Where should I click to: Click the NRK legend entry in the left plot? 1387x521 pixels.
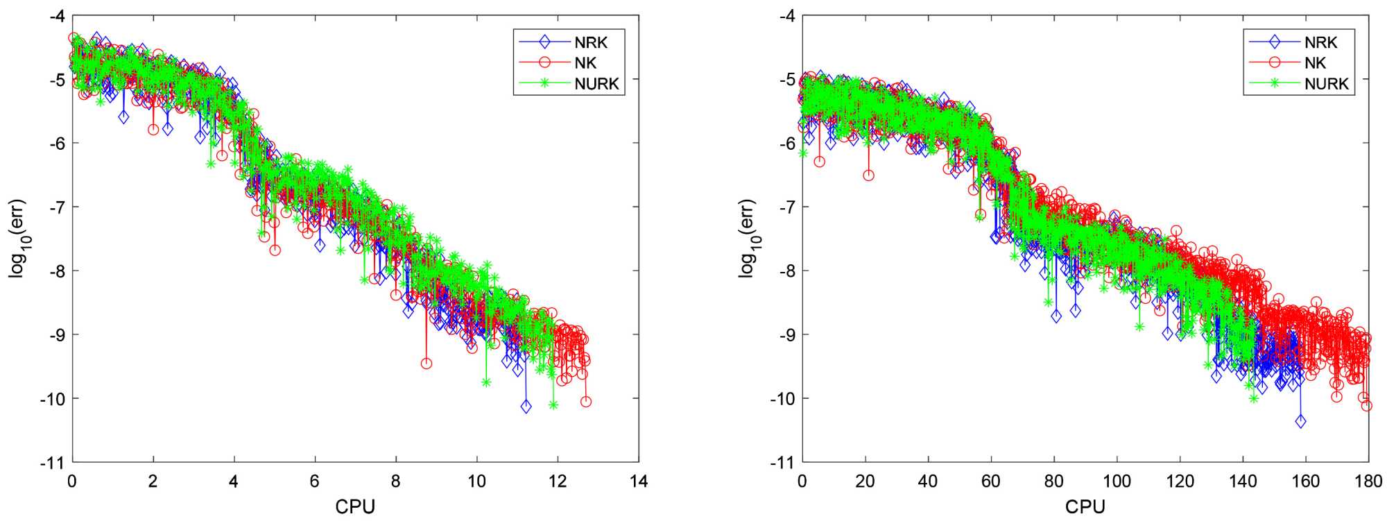pyautogui.click(x=590, y=42)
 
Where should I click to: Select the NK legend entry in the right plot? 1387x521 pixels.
pyautogui.click(x=1315, y=63)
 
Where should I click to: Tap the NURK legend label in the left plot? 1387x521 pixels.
pyautogui.click(x=596, y=84)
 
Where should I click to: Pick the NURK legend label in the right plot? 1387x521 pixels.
pyautogui.click(x=1326, y=84)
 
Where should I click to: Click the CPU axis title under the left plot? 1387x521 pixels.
pyautogui.click(x=355, y=507)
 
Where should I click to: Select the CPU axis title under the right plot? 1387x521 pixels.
pyautogui.click(x=1085, y=507)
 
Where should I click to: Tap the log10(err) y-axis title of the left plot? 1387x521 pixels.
pyautogui.click(x=18, y=239)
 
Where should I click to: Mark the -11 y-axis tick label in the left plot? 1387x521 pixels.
pyautogui.click(x=55, y=462)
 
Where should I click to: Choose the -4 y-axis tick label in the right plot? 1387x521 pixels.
pyautogui.click(x=786, y=15)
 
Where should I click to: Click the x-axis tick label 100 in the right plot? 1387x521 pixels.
pyautogui.click(x=1117, y=481)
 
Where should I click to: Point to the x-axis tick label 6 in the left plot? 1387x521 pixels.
pyautogui.click(x=315, y=481)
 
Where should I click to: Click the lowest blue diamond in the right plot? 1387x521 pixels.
pyautogui.click(x=1300, y=421)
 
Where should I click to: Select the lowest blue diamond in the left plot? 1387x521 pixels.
pyautogui.click(x=526, y=407)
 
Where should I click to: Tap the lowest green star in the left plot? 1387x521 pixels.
pyautogui.click(x=553, y=404)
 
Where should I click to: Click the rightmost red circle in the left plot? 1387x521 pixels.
pyautogui.click(x=586, y=402)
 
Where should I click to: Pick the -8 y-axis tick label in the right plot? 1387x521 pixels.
pyautogui.click(x=786, y=271)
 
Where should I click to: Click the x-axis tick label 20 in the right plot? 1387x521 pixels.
pyautogui.click(x=865, y=481)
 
